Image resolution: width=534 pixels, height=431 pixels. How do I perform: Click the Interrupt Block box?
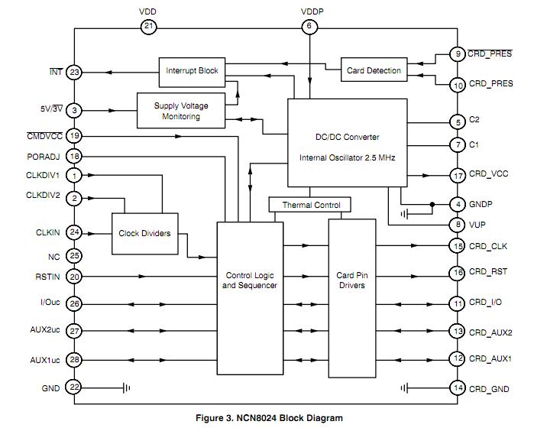pos(192,71)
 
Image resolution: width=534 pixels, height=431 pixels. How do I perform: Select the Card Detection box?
pos(374,71)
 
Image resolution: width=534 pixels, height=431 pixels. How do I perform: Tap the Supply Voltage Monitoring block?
pos(181,111)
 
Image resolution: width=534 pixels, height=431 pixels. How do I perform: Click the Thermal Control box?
pos(310,205)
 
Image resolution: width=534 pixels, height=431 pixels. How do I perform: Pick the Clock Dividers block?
pos(144,233)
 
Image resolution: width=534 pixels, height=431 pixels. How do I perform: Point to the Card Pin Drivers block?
pos(351,280)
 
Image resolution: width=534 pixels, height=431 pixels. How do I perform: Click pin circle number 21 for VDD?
pos(148,27)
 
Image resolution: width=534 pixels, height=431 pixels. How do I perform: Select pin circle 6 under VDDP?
pos(309,27)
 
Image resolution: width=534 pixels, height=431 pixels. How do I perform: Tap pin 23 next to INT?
pos(74,73)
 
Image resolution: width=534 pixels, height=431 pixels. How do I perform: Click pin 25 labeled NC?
pos(74,256)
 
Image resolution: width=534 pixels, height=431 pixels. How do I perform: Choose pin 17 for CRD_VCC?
pos(457,176)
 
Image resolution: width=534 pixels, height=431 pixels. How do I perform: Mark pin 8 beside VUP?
pos(457,225)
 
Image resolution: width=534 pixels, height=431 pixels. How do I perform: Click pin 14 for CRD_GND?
pos(457,388)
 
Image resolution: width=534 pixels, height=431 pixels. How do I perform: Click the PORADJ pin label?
pos(43,156)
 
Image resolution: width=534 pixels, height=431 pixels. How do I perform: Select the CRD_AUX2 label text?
pos(490,332)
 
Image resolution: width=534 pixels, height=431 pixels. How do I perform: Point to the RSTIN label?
pos(47,277)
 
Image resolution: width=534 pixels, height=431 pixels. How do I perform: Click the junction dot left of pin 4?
pos(432,205)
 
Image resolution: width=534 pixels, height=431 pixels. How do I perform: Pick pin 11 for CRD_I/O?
pos(457,304)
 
